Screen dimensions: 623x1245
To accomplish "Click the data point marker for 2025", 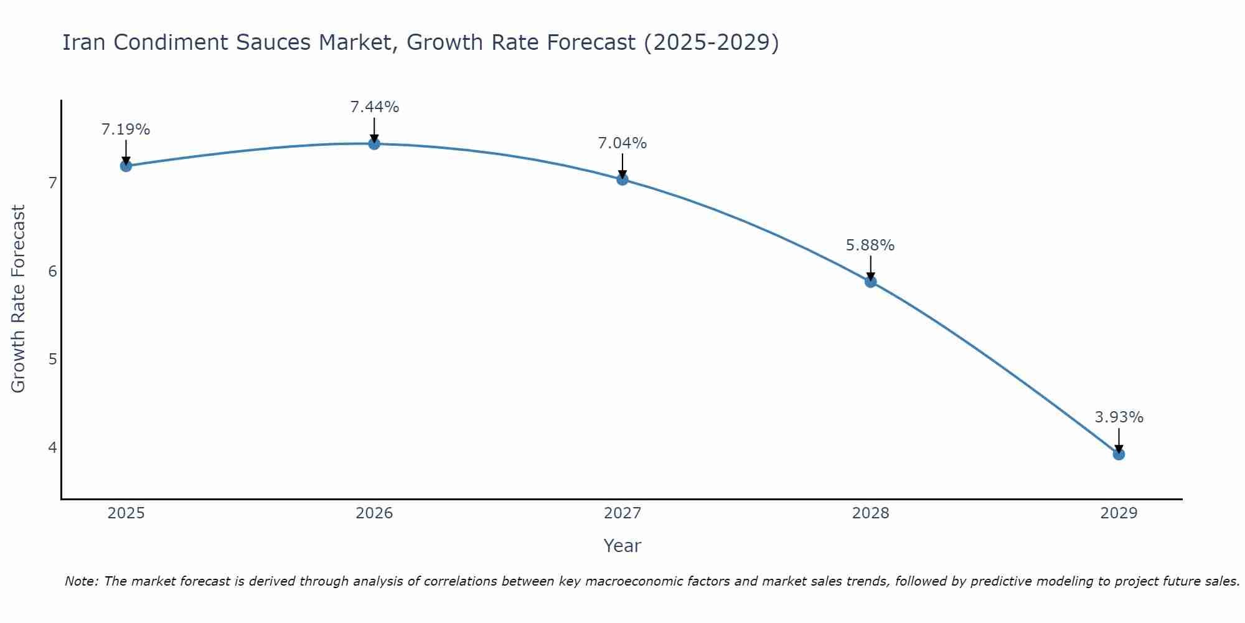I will pos(126,166).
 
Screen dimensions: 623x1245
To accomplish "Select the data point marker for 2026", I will pos(374,144).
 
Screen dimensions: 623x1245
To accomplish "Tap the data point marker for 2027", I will pos(622,179).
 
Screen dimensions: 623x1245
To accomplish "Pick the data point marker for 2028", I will pos(870,282).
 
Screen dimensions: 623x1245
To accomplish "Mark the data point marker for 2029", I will pos(1119,454).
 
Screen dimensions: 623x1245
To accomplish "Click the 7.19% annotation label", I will pos(126,130).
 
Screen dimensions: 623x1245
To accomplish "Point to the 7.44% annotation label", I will pos(374,107).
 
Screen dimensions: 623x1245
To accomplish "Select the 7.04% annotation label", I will pos(622,143).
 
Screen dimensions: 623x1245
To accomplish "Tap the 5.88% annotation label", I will pos(870,245).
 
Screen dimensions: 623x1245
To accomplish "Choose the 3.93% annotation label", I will pos(1119,417).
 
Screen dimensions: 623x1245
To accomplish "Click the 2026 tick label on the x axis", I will pos(374,513).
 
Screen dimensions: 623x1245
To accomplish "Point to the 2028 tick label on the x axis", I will pos(870,513).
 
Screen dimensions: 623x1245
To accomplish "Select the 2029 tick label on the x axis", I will pos(1119,513).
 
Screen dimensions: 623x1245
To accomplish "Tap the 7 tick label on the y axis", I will pos(52,183).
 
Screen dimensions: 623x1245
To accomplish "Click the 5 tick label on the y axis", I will pos(52,359).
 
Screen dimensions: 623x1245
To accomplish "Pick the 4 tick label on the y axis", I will pos(52,448).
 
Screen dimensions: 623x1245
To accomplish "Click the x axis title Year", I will pos(622,546).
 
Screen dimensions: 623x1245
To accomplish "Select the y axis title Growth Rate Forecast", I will pos(19,299).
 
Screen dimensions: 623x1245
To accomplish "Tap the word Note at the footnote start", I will pos(81,581).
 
